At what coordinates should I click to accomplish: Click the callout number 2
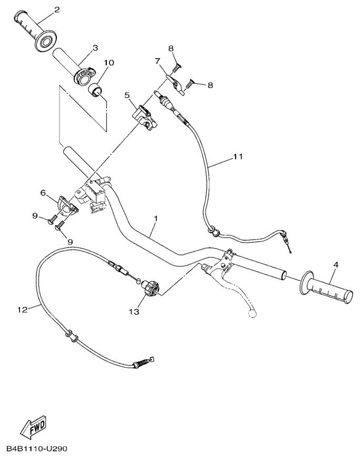pos(57,9)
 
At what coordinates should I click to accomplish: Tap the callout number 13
pos(135,312)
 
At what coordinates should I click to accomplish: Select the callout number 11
pos(238,156)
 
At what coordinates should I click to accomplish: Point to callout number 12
pos(23,309)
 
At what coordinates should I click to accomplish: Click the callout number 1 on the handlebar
pos(156,218)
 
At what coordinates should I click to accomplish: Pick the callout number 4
pos(336,265)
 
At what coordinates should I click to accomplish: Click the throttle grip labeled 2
pos(35,31)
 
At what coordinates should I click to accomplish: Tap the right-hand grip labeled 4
pos(326,287)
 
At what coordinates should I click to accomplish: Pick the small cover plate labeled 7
pos(176,84)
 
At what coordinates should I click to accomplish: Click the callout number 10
pos(109,63)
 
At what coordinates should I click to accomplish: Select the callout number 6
pos(43,193)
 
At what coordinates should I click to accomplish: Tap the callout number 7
pos(157,61)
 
